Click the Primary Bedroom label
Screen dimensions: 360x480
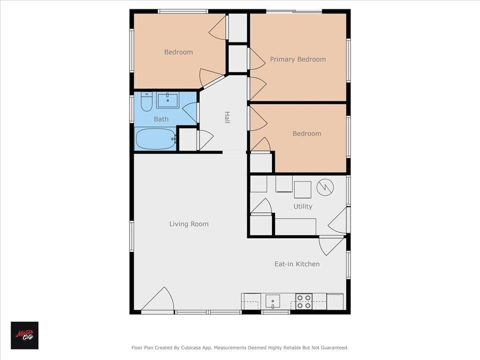pyautogui.click(x=297, y=59)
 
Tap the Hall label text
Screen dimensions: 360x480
pyautogui.click(x=227, y=117)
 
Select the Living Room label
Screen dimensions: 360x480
pyautogui.click(x=188, y=224)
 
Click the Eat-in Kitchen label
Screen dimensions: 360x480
pyautogui.click(x=296, y=263)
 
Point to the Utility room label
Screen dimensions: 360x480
pyautogui.click(x=302, y=206)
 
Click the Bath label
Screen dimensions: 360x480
pyautogui.click(x=161, y=119)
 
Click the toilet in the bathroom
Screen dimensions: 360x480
pyautogui.click(x=146, y=102)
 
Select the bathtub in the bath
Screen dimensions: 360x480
pyautogui.click(x=155, y=138)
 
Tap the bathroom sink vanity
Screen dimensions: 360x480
pyautogui.click(x=167, y=100)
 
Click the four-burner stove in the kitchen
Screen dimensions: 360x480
pyautogui.click(x=303, y=301)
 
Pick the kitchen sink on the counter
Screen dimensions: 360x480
pyautogui.click(x=272, y=301)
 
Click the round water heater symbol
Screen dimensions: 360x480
pyautogui.click(x=325, y=187)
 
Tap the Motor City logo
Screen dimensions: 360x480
pyautogui.click(x=24, y=335)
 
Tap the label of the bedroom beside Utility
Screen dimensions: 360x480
pyautogui.click(x=306, y=133)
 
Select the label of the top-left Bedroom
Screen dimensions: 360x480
pyautogui.click(x=178, y=52)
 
